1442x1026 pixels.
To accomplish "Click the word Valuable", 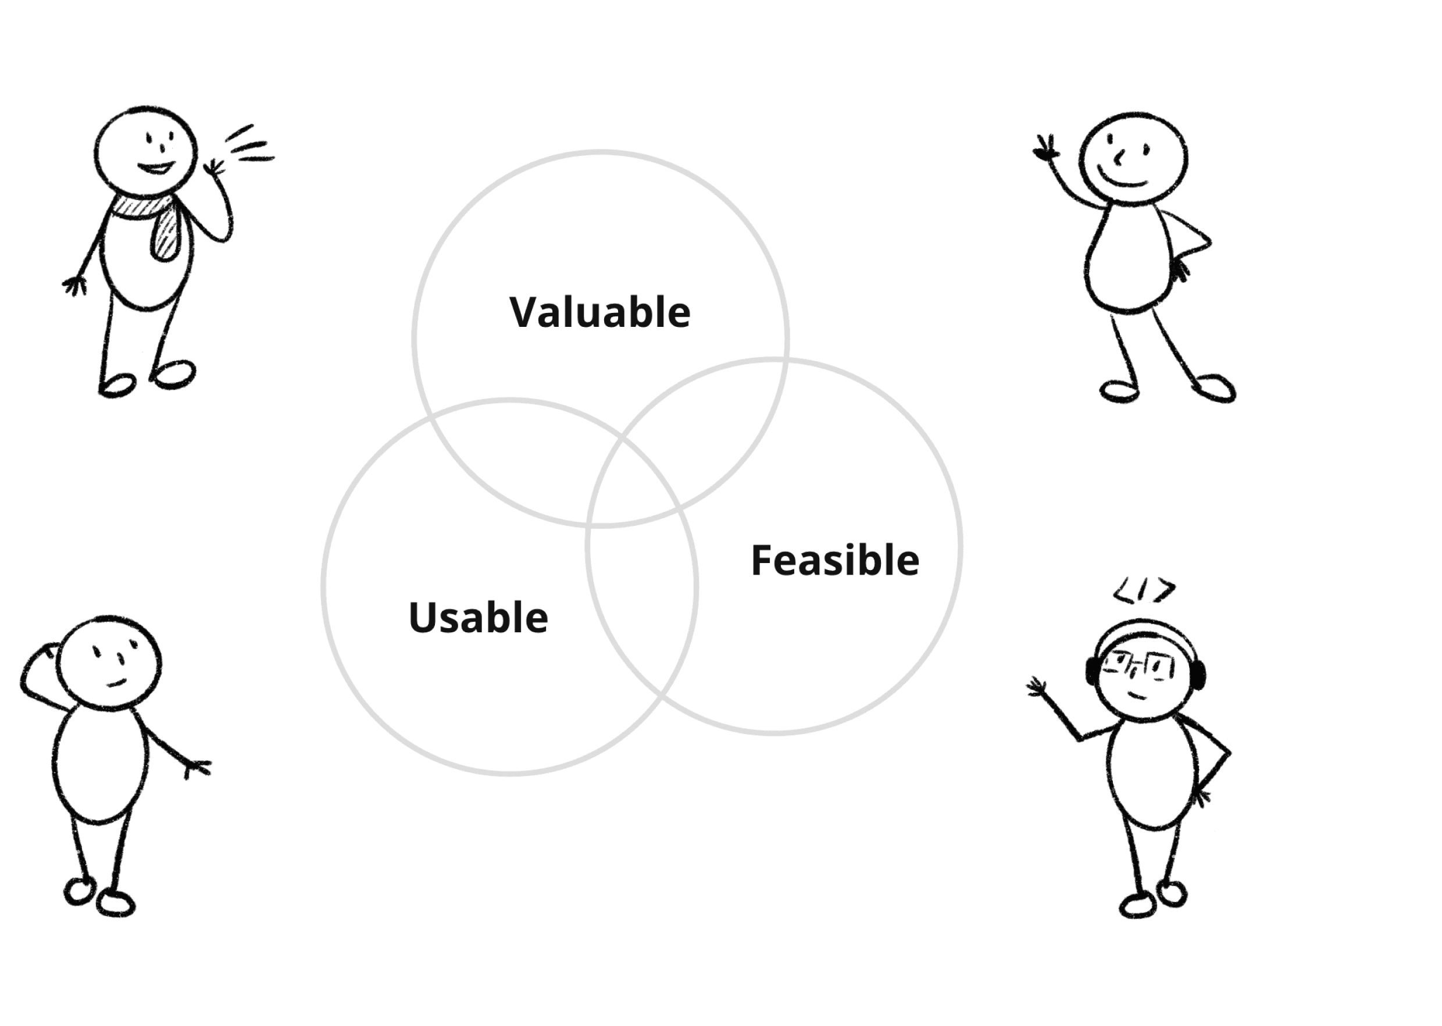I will tap(599, 312).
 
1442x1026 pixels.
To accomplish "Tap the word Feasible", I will tap(834, 560).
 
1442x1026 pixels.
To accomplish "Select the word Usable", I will tap(478, 617).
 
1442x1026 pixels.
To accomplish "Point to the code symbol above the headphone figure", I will tap(1144, 591).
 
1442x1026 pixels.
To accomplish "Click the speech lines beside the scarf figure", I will tap(251, 145).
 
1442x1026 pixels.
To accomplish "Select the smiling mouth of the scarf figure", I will tap(156, 168).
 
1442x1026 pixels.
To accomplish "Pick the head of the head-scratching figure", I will tap(109, 661).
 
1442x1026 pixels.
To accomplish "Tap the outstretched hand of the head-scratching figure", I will tap(198, 768).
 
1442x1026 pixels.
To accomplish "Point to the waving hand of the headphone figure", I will tap(1037, 687).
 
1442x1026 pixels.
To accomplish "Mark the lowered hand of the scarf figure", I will tap(74, 285).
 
